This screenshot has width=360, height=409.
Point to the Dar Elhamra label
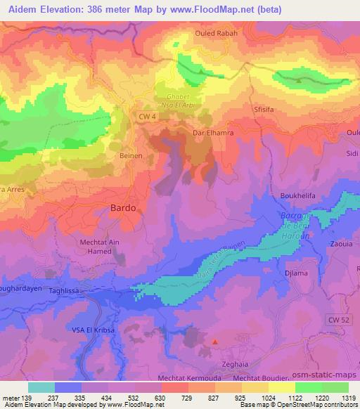212,132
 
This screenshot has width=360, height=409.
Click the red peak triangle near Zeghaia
215,343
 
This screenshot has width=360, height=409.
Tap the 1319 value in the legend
349,397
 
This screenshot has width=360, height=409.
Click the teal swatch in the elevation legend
41,387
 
